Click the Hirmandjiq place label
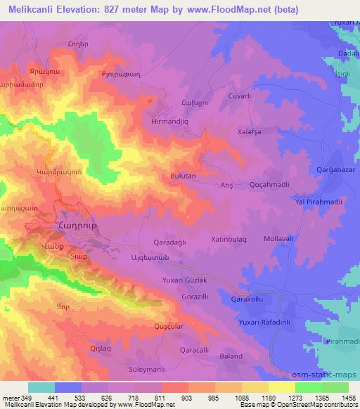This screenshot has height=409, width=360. pyautogui.click(x=172, y=121)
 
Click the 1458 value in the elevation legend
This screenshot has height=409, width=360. pyautogui.click(x=347, y=398)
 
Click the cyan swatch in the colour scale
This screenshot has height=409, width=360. pyautogui.click(x=41, y=387)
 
